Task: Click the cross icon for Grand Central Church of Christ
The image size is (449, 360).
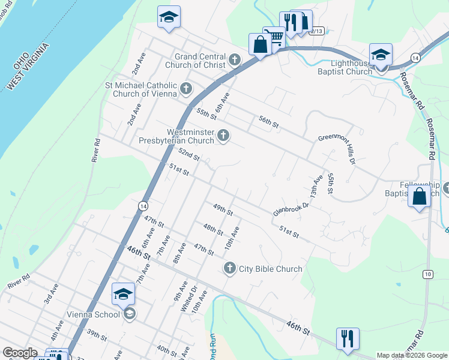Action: tap(234, 60)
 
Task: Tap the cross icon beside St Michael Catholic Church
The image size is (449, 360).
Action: tap(186, 89)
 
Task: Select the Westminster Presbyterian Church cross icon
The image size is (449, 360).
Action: tap(223, 136)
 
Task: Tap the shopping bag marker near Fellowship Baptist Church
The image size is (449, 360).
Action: tap(418, 196)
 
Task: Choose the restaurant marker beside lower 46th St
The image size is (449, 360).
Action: tap(347, 338)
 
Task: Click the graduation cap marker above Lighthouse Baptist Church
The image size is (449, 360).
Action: tap(381, 54)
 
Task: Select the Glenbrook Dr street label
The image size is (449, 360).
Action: tap(291, 209)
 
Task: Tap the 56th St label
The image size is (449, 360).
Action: tap(268, 122)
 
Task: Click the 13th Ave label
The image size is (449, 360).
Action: tap(316, 188)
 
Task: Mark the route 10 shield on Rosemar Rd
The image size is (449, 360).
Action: tap(427, 274)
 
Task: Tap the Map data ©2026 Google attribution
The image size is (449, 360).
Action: tap(411, 355)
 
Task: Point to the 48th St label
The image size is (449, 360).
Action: tap(213, 230)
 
